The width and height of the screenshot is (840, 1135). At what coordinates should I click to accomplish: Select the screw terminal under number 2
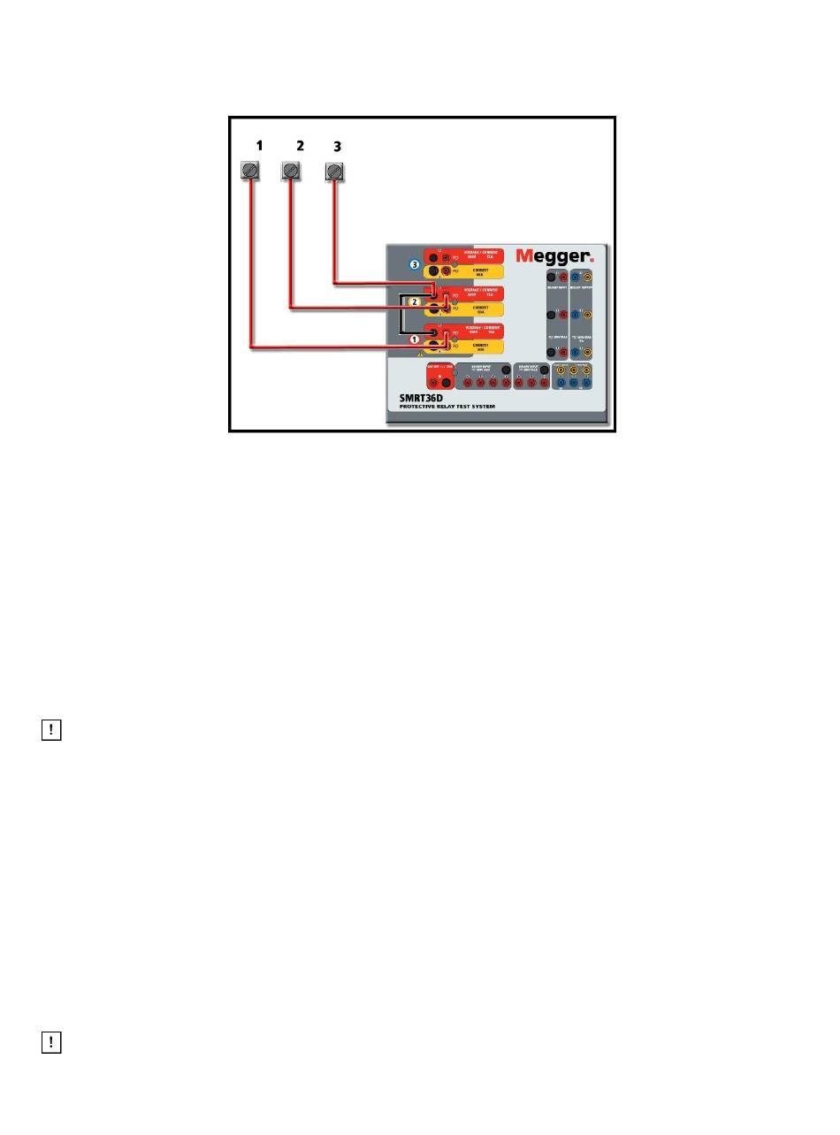(291, 171)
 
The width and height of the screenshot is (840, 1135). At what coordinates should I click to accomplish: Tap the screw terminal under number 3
(334, 171)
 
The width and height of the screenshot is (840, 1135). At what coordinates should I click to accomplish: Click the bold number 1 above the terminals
(258, 146)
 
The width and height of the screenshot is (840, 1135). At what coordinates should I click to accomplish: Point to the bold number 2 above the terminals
(300, 146)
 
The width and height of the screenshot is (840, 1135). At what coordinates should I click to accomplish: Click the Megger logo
(555, 256)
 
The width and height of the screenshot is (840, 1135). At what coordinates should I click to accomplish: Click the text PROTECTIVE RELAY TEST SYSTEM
(446, 407)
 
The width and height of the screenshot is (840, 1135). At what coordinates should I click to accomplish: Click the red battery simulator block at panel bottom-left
(439, 376)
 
